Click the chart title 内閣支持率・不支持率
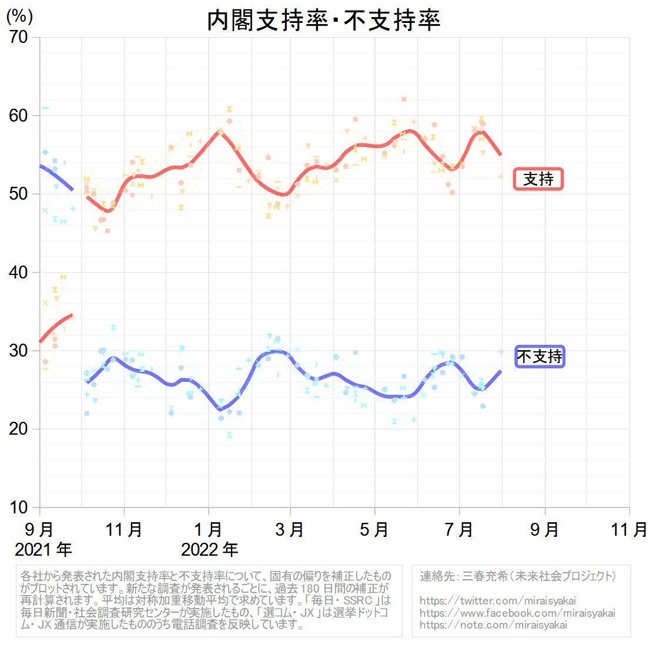pos(323,21)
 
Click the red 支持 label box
pos(538,179)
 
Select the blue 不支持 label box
pos(540,356)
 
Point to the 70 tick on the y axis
pos(18,37)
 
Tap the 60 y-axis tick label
pos(18,116)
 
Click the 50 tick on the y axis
pos(18,194)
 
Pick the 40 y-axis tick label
pos(18,272)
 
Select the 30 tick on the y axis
pos(18,351)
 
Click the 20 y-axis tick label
pos(18,429)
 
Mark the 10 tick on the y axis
pos(18,507)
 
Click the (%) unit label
pos(19,16)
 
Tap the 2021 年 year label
pos(43,550)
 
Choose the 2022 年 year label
pos(209,550)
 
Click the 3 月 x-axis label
pos(289,529)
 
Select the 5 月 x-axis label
pos(374,529)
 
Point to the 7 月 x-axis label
pos(459,529)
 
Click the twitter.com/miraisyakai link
pos(497,601)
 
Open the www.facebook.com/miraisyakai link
pos(517,613)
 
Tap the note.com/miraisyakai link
pos(493,624)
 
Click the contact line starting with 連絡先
pos(518,576)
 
